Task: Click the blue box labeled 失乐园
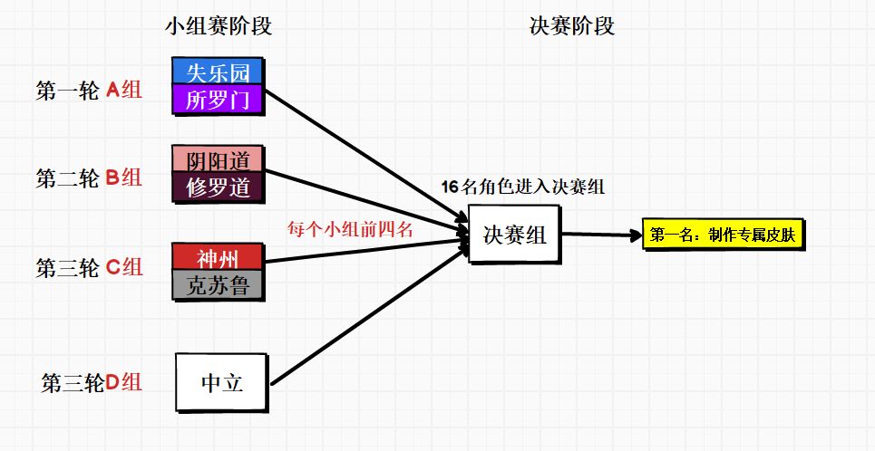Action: (x=218, y=72)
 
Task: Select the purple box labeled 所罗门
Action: (x=218, y=100)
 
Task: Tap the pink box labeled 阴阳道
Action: (x=218, y=159)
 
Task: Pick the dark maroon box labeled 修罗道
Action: (x=218, y=187)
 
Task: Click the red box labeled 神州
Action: (x=218, y=256)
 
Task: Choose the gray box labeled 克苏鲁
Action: (x=218, y=285)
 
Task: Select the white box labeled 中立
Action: (x=222, y=382)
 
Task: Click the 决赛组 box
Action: (x=514, y=235)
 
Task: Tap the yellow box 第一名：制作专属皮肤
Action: (x=723, y=235)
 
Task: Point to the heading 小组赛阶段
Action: (x=219, y=26)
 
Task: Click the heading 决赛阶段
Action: (x=571, y=26)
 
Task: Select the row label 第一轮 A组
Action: (x=89, y=90)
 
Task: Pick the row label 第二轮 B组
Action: (x=89, y=178)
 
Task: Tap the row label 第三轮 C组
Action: (x=89, y=267)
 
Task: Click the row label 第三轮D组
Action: (x=92, y=382)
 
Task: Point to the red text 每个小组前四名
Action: (x=350, y=229)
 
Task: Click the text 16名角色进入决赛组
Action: (x=523, y=187)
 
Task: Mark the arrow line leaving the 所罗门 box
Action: (x=363, y=158)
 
